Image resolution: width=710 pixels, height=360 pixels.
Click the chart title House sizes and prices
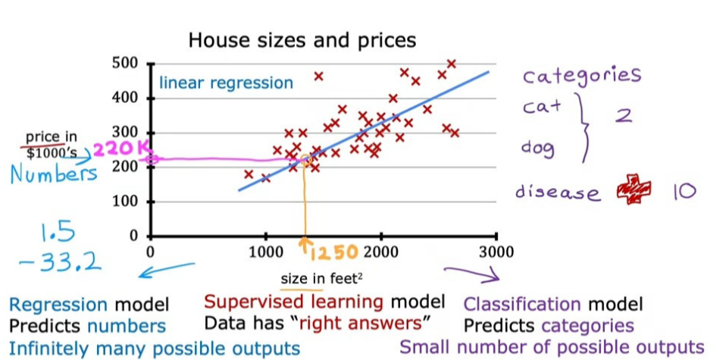[302, 39]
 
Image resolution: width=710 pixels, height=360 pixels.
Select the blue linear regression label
[226, 83]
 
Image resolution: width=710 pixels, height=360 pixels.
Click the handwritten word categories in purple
[583, 76]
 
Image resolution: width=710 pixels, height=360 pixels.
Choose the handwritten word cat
[542, 107]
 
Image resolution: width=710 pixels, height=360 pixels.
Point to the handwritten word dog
[539, 148]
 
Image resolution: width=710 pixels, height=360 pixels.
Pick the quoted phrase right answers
[363, 324]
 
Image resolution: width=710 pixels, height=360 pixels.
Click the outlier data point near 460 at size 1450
[318, 76]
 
